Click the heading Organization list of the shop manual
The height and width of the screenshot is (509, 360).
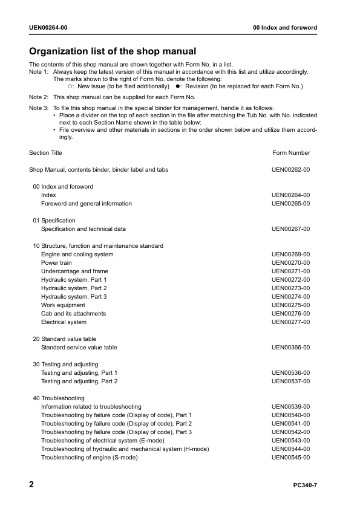[113, 51]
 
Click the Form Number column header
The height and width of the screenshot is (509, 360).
[291, 153]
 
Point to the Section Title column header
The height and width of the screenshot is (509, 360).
[45, 153]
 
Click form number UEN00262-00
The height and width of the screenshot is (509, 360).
[290, 170]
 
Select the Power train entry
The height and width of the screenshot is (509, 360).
[56, 263]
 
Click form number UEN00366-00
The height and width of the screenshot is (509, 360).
[290, 348]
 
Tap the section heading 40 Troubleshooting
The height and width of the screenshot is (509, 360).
[59, 398]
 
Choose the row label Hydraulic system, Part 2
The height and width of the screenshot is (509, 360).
[74, 288]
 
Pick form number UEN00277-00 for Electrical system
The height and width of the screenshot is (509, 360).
[290, 322]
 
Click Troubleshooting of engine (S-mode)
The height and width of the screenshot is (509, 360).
[89, 458]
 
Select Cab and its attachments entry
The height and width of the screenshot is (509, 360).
[73, 314]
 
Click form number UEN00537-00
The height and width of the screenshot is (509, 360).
[290, 381]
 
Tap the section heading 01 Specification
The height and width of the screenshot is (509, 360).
[54, 221]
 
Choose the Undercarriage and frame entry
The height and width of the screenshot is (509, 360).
[74, 271]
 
